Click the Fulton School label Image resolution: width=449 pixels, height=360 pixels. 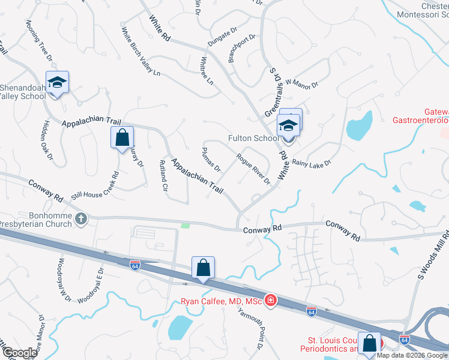point(253,138)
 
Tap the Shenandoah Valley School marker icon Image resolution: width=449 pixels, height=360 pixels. point(58,83)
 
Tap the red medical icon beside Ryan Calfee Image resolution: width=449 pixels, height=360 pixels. point(271,299)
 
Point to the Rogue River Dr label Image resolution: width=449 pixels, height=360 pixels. point(253,169)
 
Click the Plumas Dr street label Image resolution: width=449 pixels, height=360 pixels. point(212,159)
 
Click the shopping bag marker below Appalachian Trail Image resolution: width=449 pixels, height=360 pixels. point(122,137)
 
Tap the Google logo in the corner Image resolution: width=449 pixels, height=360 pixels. point(19,353)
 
